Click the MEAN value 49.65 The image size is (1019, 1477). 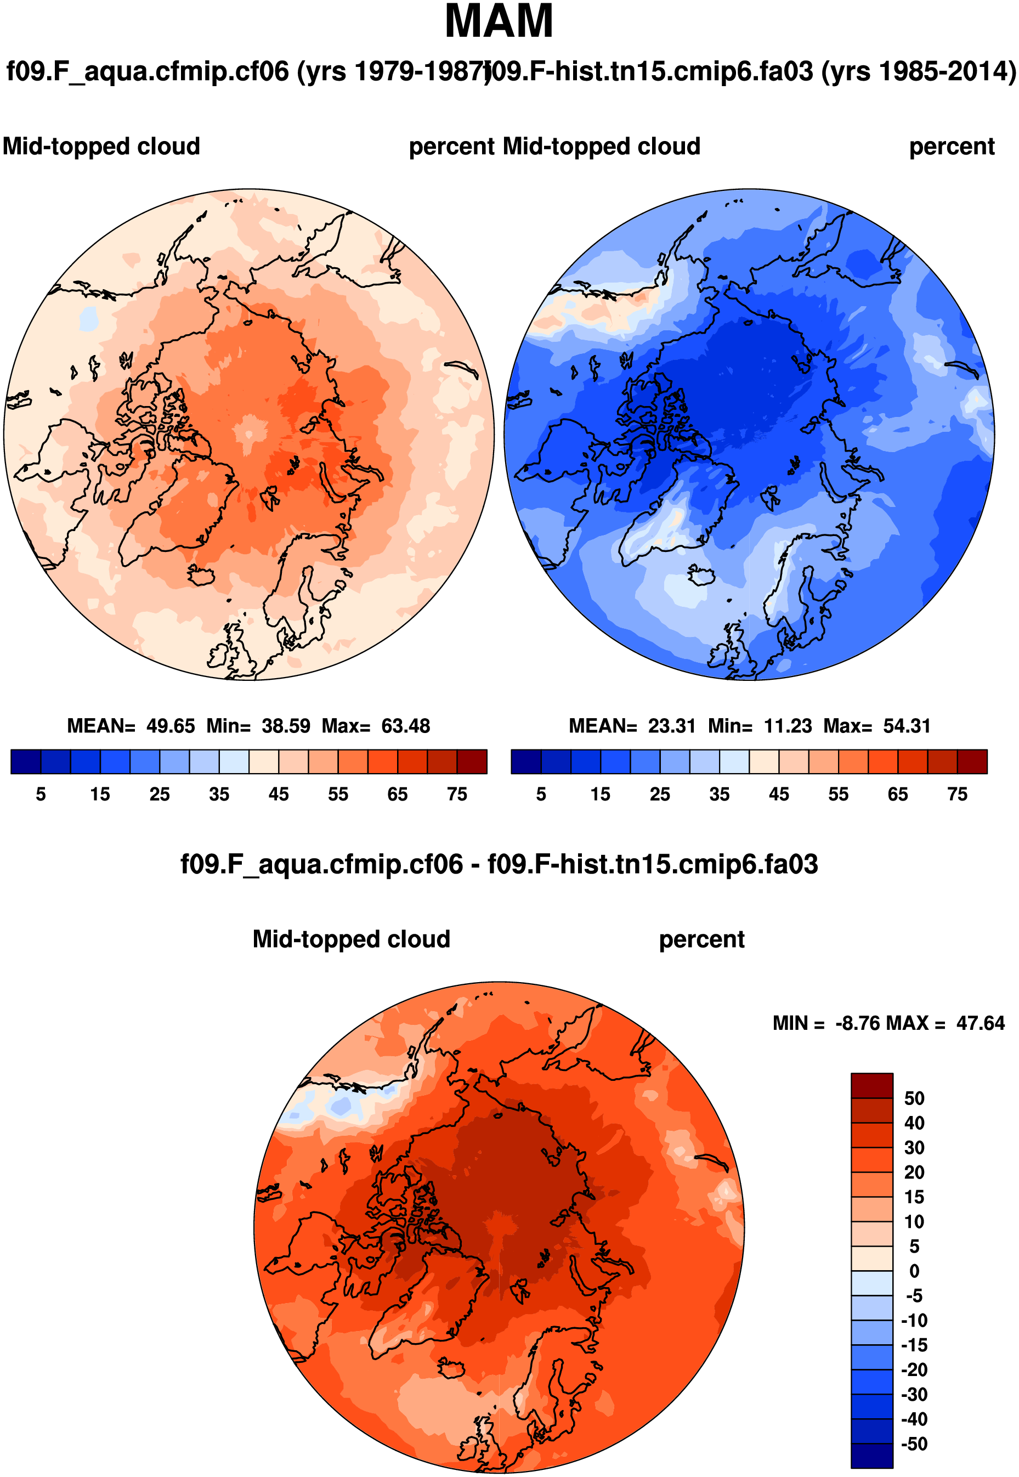171,726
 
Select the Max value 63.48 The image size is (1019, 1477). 405,726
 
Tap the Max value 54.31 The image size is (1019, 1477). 907,726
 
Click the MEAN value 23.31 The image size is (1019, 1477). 672,726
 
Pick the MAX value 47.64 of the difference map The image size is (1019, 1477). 980,1024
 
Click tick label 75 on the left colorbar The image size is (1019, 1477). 456,794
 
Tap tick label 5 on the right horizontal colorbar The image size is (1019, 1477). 541,794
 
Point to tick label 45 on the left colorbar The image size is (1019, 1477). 279,794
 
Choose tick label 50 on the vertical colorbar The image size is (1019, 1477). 914,1098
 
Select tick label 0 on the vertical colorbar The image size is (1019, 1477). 914,1271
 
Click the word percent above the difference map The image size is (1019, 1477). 701,940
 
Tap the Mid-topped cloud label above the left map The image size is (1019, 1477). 101,147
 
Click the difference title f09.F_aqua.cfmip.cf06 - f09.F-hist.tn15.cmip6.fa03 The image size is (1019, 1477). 499,865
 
